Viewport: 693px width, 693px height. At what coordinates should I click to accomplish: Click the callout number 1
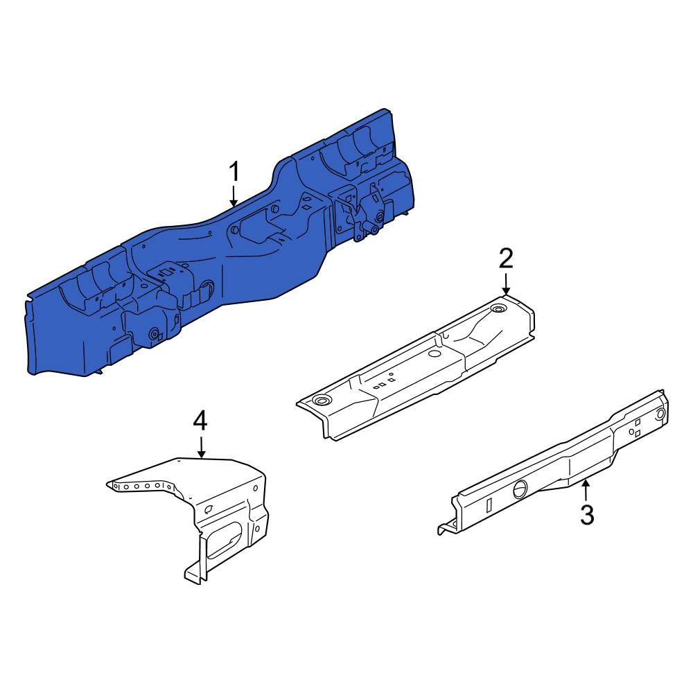point(234,170)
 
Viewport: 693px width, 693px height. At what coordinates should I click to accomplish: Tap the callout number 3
point(586,515)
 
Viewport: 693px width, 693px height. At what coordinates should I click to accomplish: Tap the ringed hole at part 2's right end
point(497,308)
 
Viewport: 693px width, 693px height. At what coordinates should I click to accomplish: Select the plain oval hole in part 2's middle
point(435,353)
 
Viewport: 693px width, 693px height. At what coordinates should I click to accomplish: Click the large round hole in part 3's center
point(520,489)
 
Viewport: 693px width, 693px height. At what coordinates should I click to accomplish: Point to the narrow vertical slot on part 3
point(489,504)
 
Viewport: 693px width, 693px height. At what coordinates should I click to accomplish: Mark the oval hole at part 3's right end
point(660,414)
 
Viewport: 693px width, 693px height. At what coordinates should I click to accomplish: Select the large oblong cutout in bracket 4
point(225,541)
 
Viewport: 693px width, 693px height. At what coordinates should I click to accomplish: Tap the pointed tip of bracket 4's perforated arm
point(109,483)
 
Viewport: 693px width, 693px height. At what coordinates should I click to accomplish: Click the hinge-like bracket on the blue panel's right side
point(367,215)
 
